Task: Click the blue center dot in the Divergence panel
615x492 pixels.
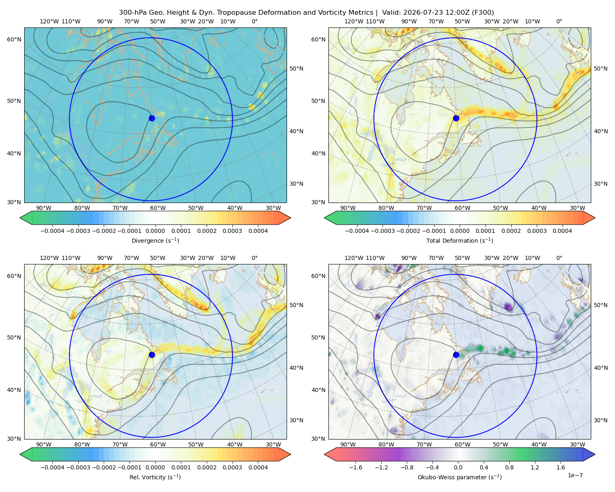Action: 152,118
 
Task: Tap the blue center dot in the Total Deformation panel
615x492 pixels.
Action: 456,118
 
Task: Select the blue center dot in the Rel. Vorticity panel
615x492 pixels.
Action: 152,355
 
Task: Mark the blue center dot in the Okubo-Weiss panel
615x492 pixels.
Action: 456,355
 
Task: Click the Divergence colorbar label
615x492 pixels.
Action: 155,241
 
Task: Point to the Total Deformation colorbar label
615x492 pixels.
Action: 460,241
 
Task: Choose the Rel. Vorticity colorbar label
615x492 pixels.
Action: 155,477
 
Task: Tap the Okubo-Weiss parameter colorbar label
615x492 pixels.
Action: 460,477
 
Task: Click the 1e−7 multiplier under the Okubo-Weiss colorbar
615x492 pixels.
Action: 575,476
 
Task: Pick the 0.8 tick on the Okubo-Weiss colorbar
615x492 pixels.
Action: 509,467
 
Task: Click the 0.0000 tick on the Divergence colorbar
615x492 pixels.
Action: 155,231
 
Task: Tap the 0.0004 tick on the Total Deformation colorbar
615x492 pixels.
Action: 563,231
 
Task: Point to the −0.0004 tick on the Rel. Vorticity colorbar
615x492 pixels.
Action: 52,467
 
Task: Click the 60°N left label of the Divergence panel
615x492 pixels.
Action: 14,39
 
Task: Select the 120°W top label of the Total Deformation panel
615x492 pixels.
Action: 353,21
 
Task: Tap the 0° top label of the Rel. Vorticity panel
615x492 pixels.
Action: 255,258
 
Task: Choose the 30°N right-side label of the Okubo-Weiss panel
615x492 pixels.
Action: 601,421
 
